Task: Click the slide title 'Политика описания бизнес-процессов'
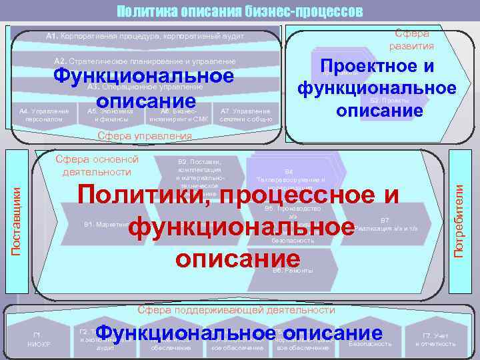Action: click(x=240, y=11)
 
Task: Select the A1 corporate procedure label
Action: click(x=145, y=35)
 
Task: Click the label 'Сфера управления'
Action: click(x=144, y=136)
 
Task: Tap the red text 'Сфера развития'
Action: click(x=413, y=39)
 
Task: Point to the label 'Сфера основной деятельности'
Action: click(x=97, y=165)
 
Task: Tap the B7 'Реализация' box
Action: click(x=385, y=224)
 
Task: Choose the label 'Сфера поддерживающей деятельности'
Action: click(x=236, y=311)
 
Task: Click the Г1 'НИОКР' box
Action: click(x=35, y=339)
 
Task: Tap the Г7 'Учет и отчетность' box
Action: click(x=435, y=339)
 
